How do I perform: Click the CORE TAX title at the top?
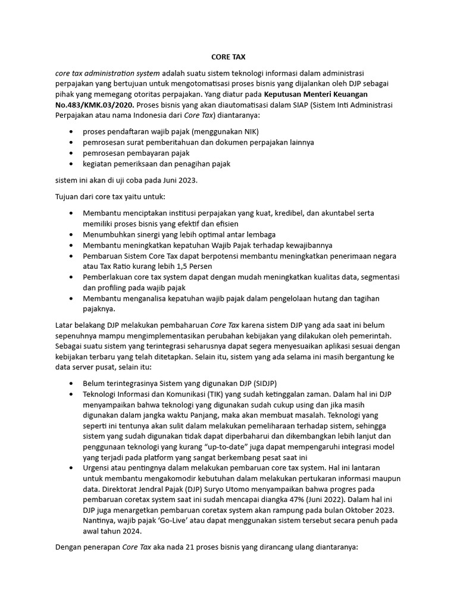coord(228,57)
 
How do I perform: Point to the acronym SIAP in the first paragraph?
coord(305,105)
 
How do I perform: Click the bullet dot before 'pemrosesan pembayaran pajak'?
coord(72,153)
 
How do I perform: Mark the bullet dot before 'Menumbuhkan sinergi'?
coord(72,234)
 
